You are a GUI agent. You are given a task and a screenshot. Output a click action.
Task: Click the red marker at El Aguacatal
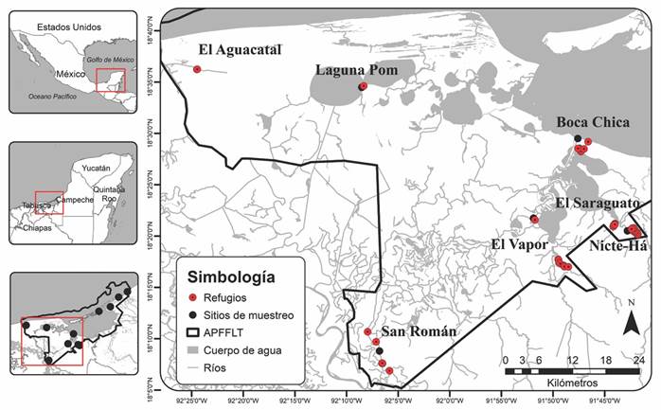pyautogui.click(x=197, y=69)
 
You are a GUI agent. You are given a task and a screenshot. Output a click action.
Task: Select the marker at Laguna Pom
pyautogui.click(x=362, y=87)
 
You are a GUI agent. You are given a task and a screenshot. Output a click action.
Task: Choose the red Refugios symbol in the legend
pyautogui.click(x=197, y=299)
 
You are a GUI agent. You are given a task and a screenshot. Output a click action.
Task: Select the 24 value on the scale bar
pyautogui.click(x=640, y=360)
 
